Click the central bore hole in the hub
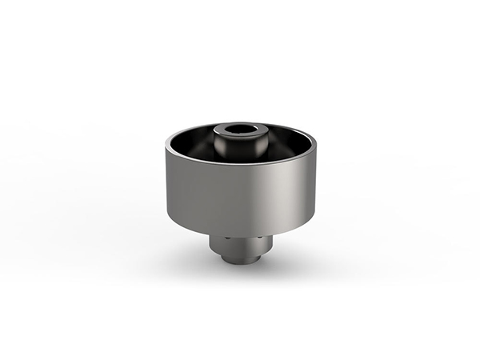click(x=238, y=129)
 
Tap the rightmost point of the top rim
click(x=315, y=143)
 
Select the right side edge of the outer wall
click(x=314, y=188)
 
